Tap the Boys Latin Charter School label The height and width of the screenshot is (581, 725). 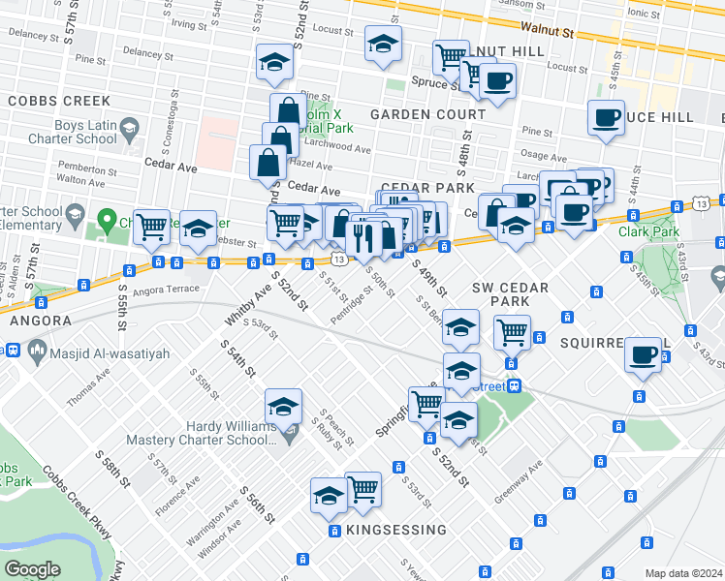57,132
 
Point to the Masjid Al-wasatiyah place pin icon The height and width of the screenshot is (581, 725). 37,348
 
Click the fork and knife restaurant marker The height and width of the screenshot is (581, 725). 363,235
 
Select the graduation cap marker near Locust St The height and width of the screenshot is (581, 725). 383,44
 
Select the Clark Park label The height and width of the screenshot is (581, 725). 644,231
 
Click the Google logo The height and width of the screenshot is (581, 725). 32,568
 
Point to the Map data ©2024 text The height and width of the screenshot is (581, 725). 682,573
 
